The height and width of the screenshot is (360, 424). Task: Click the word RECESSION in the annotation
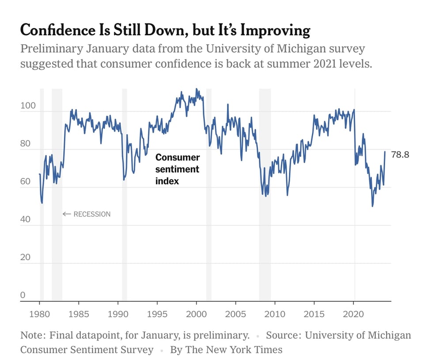tap(92, 214)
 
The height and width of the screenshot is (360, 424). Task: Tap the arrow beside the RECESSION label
tap(67, 214)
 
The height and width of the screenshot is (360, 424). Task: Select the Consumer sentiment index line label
tap(177, 169)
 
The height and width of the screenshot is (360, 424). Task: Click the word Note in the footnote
tap(31, 335)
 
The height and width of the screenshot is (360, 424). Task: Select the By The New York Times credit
tap(226, 350)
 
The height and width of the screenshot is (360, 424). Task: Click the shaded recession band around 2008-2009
tap(265, 194)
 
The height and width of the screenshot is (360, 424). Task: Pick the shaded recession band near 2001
tap(208, 194)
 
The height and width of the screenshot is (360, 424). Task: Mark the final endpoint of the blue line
tap(385, 152)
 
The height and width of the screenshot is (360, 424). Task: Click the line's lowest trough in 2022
tap(372, 206)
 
